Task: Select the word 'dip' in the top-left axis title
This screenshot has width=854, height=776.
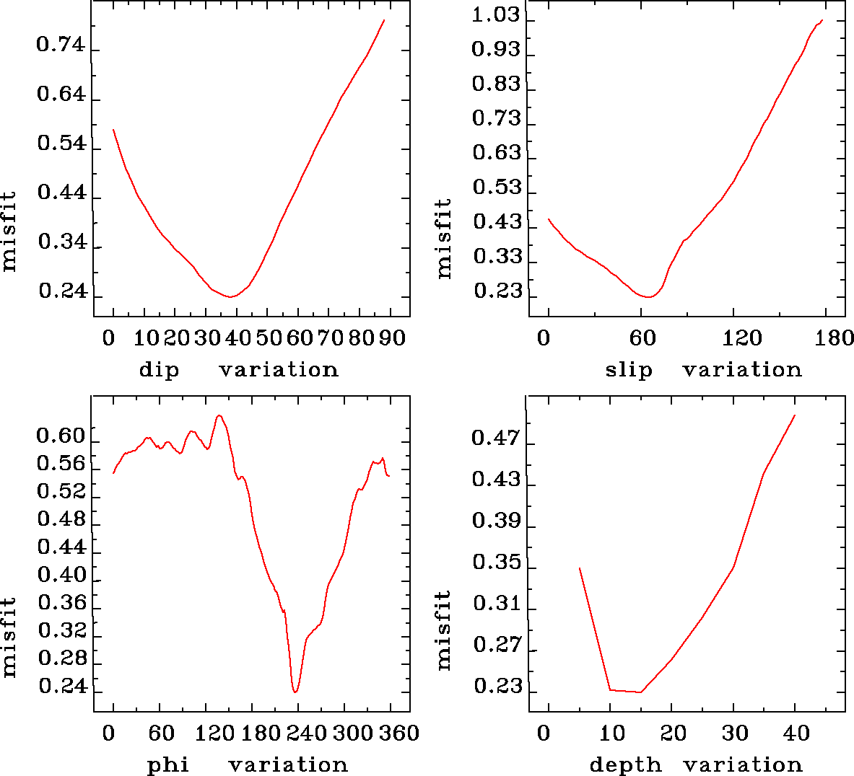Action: [159, 370]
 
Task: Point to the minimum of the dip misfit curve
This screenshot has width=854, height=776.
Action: [230, 296]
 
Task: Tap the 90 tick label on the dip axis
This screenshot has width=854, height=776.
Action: [393, 338]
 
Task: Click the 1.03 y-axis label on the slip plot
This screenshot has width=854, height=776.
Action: [496, 15]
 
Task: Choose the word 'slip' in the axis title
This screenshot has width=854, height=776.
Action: [629, 370]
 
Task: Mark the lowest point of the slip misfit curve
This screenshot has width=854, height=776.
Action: [649, 296]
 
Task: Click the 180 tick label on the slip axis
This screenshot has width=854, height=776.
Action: [838, 338]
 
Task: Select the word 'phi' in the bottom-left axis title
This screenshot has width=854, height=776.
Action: [168, 764]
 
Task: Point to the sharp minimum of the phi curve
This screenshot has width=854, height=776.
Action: [295, 692]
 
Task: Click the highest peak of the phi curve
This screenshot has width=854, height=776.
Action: [219, 415]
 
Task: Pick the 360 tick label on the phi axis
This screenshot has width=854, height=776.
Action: [399, 733]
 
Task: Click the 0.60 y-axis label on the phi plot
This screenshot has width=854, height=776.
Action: [61, 436]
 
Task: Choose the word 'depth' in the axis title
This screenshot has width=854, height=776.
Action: [625, 764]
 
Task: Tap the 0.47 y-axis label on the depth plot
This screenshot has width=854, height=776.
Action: [496, 438]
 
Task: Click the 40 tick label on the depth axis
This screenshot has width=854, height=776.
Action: [796, 733]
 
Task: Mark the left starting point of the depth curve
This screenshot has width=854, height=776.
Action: [580, 568]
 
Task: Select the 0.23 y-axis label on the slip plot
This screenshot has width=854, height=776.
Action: [497, 291]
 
